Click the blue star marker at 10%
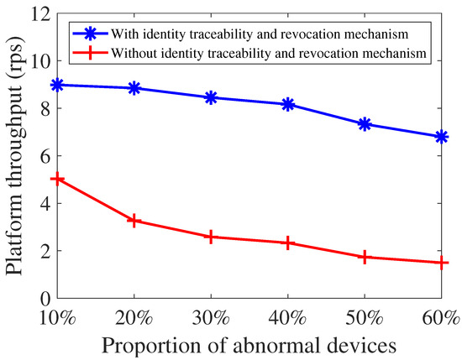[56, 85]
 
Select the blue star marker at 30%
[211, 97]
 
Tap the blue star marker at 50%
[365, 123]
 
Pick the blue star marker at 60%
[442, 137]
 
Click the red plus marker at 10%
[56, 179]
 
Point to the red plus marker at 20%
[134, 220]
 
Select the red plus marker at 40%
[288, 243]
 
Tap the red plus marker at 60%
[442, 263]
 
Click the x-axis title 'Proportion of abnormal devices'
[249, 344]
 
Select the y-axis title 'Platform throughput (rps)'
[15, 156]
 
